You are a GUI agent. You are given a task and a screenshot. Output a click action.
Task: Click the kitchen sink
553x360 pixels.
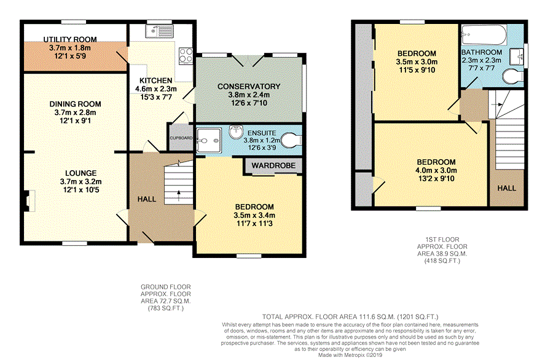pos(159,31)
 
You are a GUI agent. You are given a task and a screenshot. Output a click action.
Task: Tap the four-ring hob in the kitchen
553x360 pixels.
pos(186,56)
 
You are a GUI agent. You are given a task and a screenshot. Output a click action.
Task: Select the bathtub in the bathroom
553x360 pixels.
pos(484,34)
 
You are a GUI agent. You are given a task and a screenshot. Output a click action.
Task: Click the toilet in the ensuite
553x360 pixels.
pos(292,140)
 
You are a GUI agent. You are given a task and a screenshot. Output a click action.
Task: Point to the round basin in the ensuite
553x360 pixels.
pos(235,132)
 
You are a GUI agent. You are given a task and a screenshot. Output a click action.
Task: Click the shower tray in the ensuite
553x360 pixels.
pos(209,140)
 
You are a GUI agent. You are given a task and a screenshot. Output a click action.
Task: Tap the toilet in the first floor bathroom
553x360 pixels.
pos(513,77)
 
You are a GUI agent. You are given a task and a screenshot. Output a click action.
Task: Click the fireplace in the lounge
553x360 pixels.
pos(29,201)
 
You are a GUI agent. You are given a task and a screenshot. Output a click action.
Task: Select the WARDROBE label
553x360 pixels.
pos(273,165)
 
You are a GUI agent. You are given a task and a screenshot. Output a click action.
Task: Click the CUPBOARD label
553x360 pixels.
pos(181,138)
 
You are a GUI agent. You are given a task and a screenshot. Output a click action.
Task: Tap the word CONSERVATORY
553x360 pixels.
pos(249,87)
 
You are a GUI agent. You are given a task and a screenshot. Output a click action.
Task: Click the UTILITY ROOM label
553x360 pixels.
pos(70,39)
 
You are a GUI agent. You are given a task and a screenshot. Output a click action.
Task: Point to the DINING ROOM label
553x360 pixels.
pos(75,104)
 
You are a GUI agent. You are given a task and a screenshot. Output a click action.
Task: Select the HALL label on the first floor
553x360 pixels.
pos(507,188)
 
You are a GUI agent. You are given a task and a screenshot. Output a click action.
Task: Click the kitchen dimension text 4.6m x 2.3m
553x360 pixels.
pos(156,89)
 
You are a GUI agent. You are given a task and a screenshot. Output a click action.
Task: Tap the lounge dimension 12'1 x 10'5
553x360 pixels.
pos(80,190)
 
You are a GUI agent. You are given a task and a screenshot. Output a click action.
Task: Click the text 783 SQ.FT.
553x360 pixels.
pos(166,308)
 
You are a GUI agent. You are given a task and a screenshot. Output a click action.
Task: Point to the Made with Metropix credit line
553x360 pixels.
pos(350,355)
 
